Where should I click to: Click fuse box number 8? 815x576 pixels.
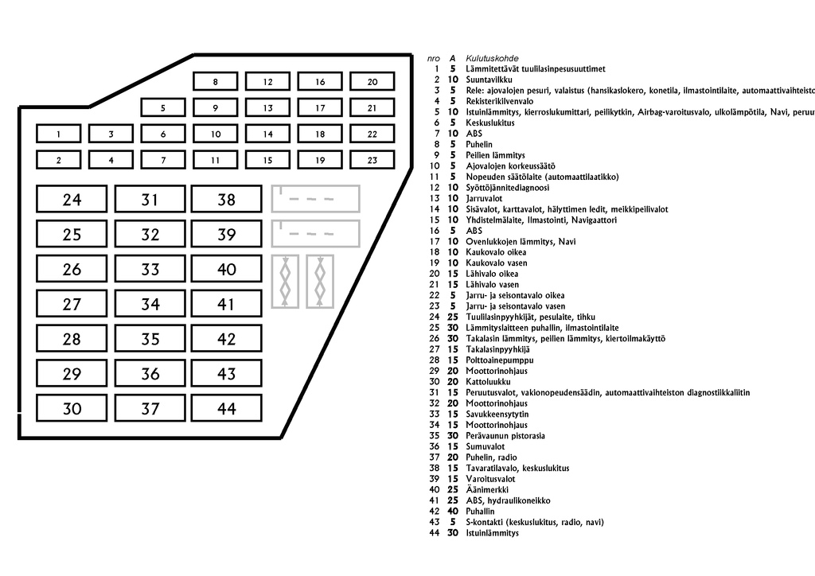coord(215,81)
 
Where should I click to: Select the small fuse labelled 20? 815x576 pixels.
coord(372,81)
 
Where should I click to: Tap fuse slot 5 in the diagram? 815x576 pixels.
coord(163,108)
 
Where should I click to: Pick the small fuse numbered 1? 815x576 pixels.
coord(58,134)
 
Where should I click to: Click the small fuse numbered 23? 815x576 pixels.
coord(372,160)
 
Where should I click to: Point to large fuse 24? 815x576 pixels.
coord(72,199)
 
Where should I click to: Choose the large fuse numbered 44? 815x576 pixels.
coord(226,409)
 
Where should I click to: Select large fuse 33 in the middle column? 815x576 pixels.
coord(150,269)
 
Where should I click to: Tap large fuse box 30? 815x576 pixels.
coord(72,409)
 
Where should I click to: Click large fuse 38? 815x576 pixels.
coord(226,199)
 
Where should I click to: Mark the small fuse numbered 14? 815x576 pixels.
coord(267,134)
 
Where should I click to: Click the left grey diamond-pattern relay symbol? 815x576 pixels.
coord(286,281)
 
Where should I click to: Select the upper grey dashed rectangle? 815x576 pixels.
coord(315,198)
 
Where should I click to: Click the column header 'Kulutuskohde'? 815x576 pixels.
coord(492,58)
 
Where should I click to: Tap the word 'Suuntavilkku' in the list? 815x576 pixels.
coord(489,80)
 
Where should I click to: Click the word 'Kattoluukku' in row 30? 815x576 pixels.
coord(486,381)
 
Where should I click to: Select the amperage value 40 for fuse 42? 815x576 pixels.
coord(452,511)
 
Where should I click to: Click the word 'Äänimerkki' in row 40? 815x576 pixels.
coord(485,489)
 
